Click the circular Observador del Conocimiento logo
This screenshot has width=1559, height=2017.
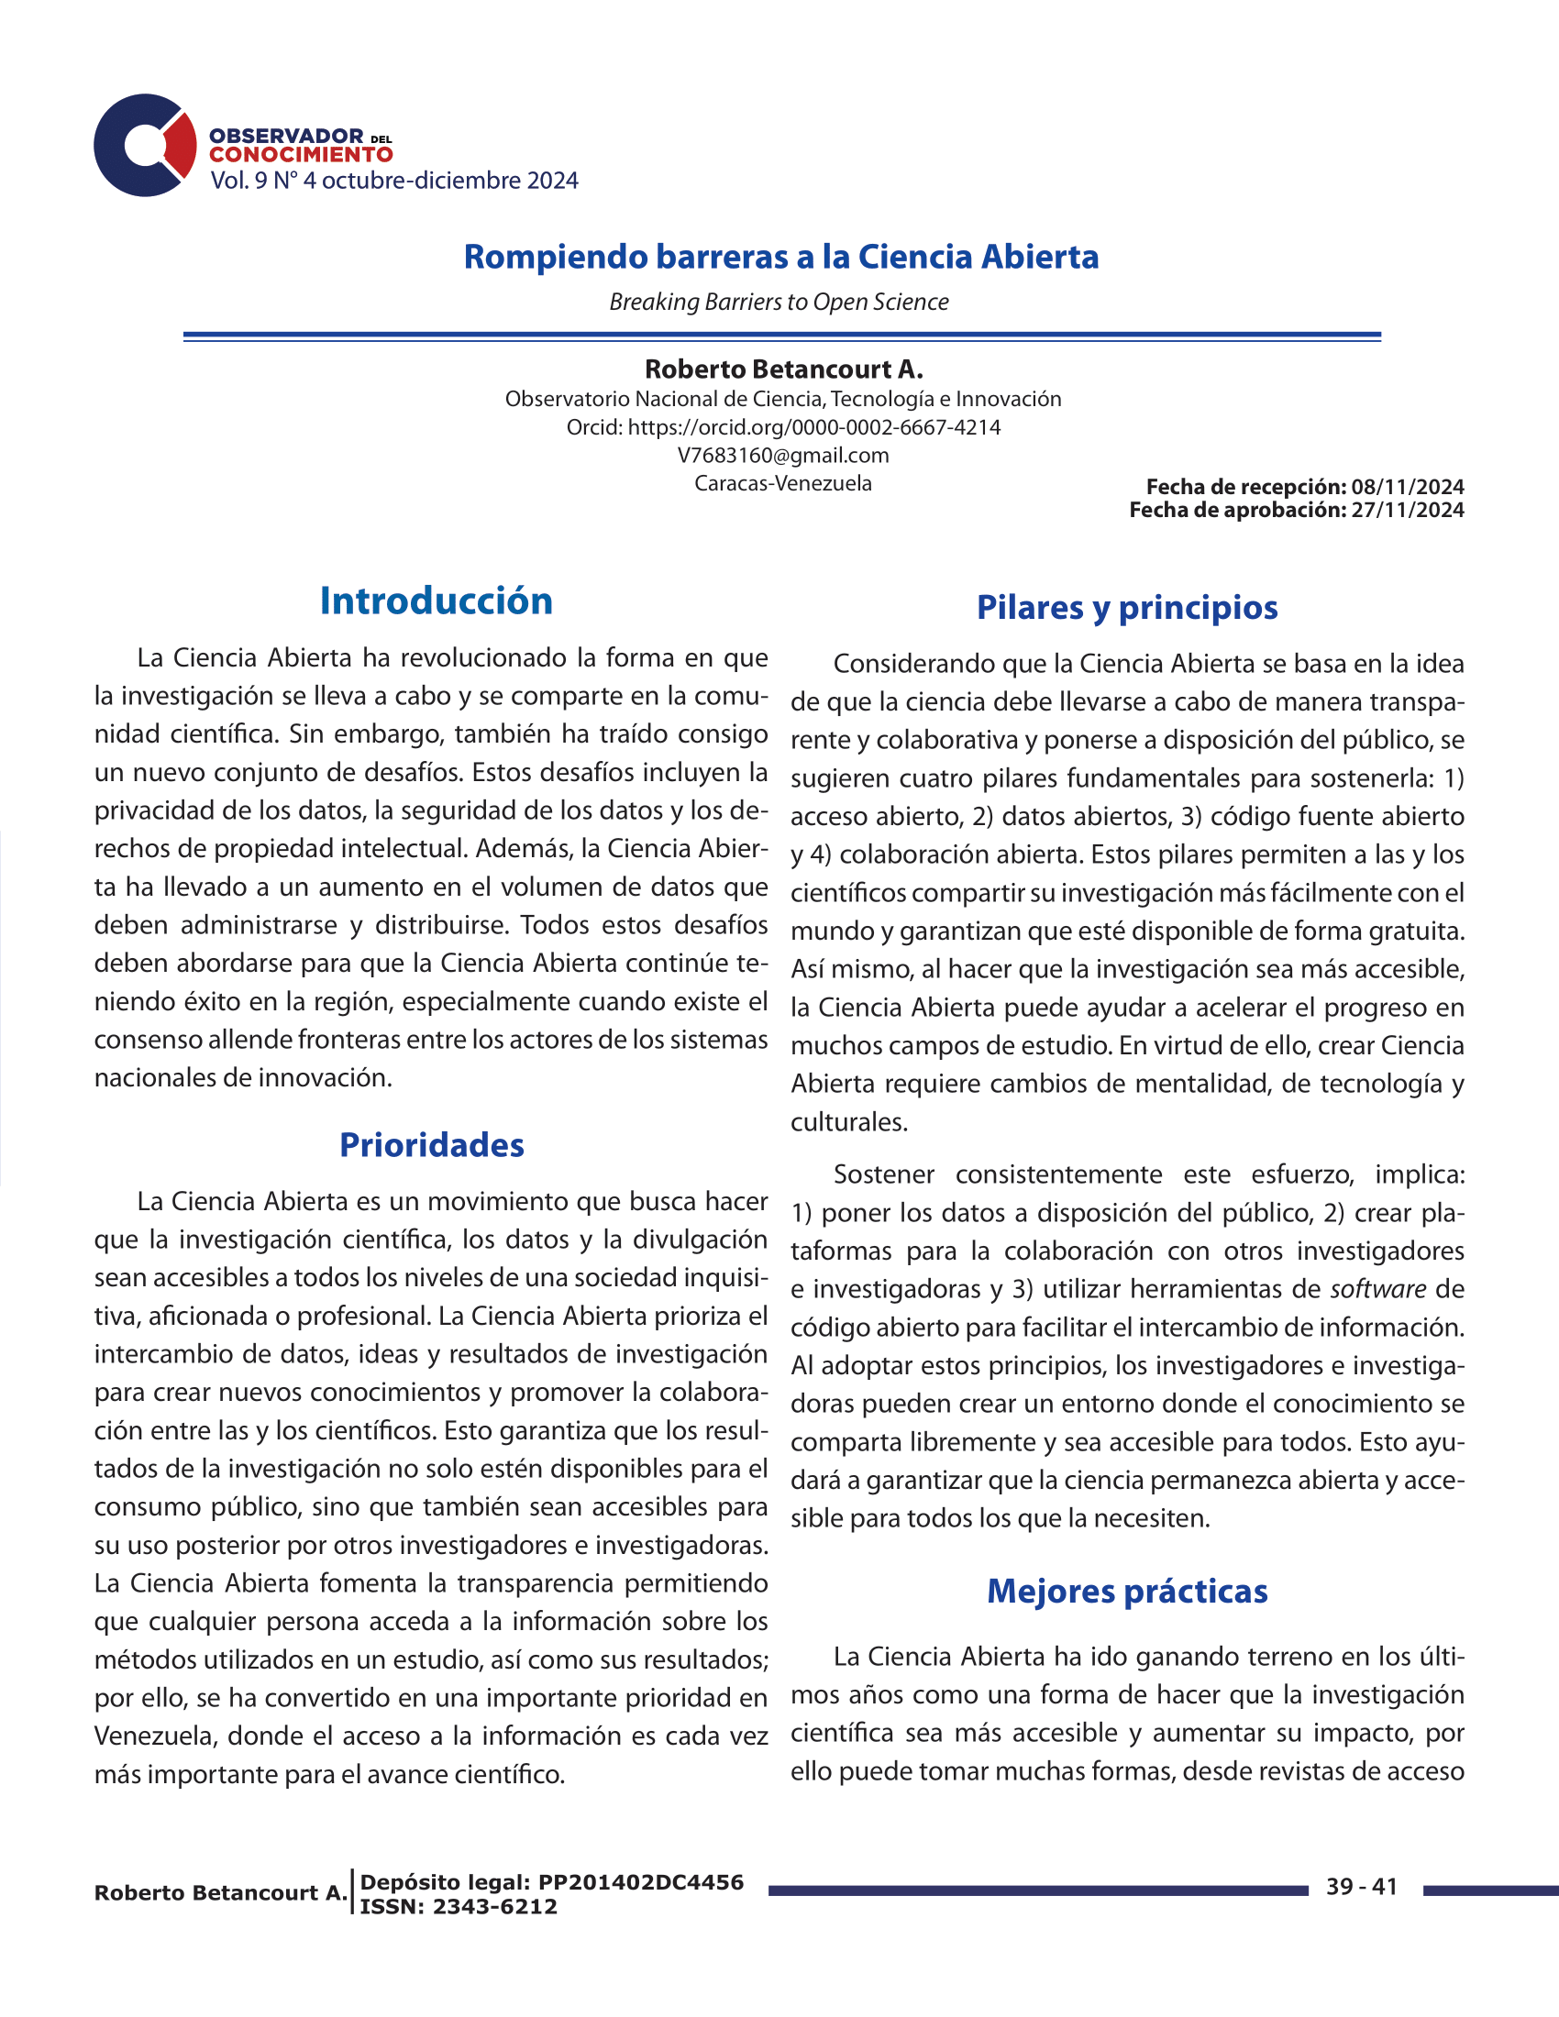pyautogui.click(x=144, y=145)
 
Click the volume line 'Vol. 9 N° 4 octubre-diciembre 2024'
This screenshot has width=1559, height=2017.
pyautogui.click(x=393, y=180)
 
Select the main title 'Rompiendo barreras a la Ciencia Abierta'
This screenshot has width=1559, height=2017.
pyautogui.click(x=780, y=257)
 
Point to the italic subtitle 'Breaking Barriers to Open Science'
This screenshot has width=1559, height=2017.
pyautogui.click(x=779, y=302)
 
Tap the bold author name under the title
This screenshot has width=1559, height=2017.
pyautogui.click(x=783, y=369)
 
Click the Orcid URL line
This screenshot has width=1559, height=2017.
pyautogui.click(x=783, y=427)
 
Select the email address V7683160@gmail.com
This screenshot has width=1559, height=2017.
pyautogui.click(x=783, y=456)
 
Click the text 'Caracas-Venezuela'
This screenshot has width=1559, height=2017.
pyautogui.click(x=783, y=483)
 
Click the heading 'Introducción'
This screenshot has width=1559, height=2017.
pyautogui.click(x=436, y=601)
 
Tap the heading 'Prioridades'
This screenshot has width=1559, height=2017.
pyautogui.click(x=431, y=1145)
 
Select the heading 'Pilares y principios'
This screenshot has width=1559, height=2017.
pyautogui.click(x=1127, y=608)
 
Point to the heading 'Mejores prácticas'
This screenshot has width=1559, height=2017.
pyautogui.click(x=1127, y=1592)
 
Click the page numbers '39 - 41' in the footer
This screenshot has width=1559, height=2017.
pyautogui.click(x=1361, y=1887)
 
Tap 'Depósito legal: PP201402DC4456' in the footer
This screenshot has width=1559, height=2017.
pyautogui.click(x=551, y=1882)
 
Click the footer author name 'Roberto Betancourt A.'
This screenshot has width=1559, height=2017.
pyautogui.click(x=221, y=1892)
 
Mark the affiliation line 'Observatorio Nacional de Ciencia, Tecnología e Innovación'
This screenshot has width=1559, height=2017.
pyautogui.click(x=783, y=399)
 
